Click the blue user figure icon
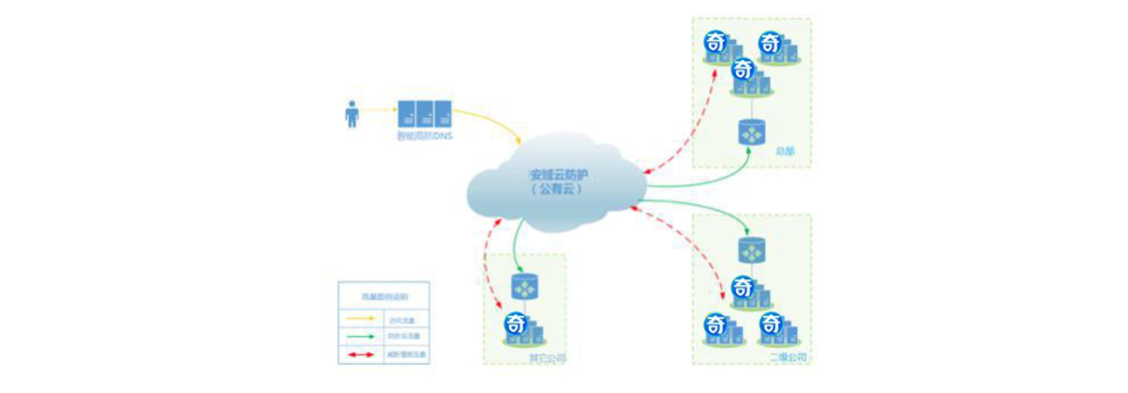point(352,114)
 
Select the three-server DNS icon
point(424,114)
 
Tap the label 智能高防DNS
point(424,136)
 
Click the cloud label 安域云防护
point(559,174)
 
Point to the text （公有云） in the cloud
point(557,189)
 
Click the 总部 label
point(785,151)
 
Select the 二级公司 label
point(788,357)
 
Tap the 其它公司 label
point(547,359)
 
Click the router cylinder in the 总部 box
point(752,132)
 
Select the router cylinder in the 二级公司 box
point(752,250)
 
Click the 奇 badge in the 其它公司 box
point(515,324)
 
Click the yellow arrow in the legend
point(361,319)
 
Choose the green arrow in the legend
point(361,337)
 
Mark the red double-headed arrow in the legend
point(361,354)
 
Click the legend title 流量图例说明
point(384,297)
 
